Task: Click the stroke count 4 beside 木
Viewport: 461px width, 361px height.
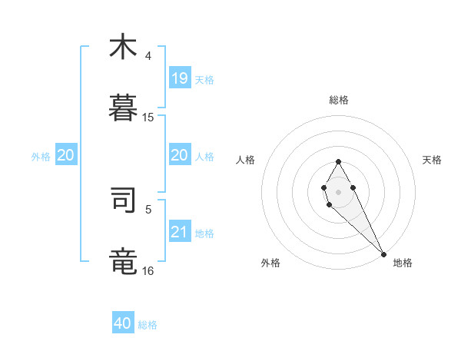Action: coord(148,56)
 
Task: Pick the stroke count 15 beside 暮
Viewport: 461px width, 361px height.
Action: coord(148,118)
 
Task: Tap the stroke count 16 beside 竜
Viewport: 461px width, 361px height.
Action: coord(148,271)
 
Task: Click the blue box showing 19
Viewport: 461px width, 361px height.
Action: coord(179,78)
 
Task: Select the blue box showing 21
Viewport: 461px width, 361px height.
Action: coord(179,231)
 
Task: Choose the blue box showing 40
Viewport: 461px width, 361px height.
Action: coord(123,323)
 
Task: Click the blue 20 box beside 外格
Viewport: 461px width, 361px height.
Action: coord(66,155)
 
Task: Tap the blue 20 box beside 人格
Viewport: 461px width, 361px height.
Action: coord(179,155)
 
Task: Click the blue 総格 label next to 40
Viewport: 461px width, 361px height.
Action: coord(148,325)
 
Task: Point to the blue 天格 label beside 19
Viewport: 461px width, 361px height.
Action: coord(204,79)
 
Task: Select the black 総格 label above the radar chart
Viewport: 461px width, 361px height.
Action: coord(339,100)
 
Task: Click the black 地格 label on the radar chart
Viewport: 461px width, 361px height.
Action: coord(403,263)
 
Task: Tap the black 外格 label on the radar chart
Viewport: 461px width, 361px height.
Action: coord(270,263)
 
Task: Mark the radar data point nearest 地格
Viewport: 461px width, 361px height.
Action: coord(383,253)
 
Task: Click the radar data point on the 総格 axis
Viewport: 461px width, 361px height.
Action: coord(338,161)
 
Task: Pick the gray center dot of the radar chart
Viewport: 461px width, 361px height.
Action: coord(338,190)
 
